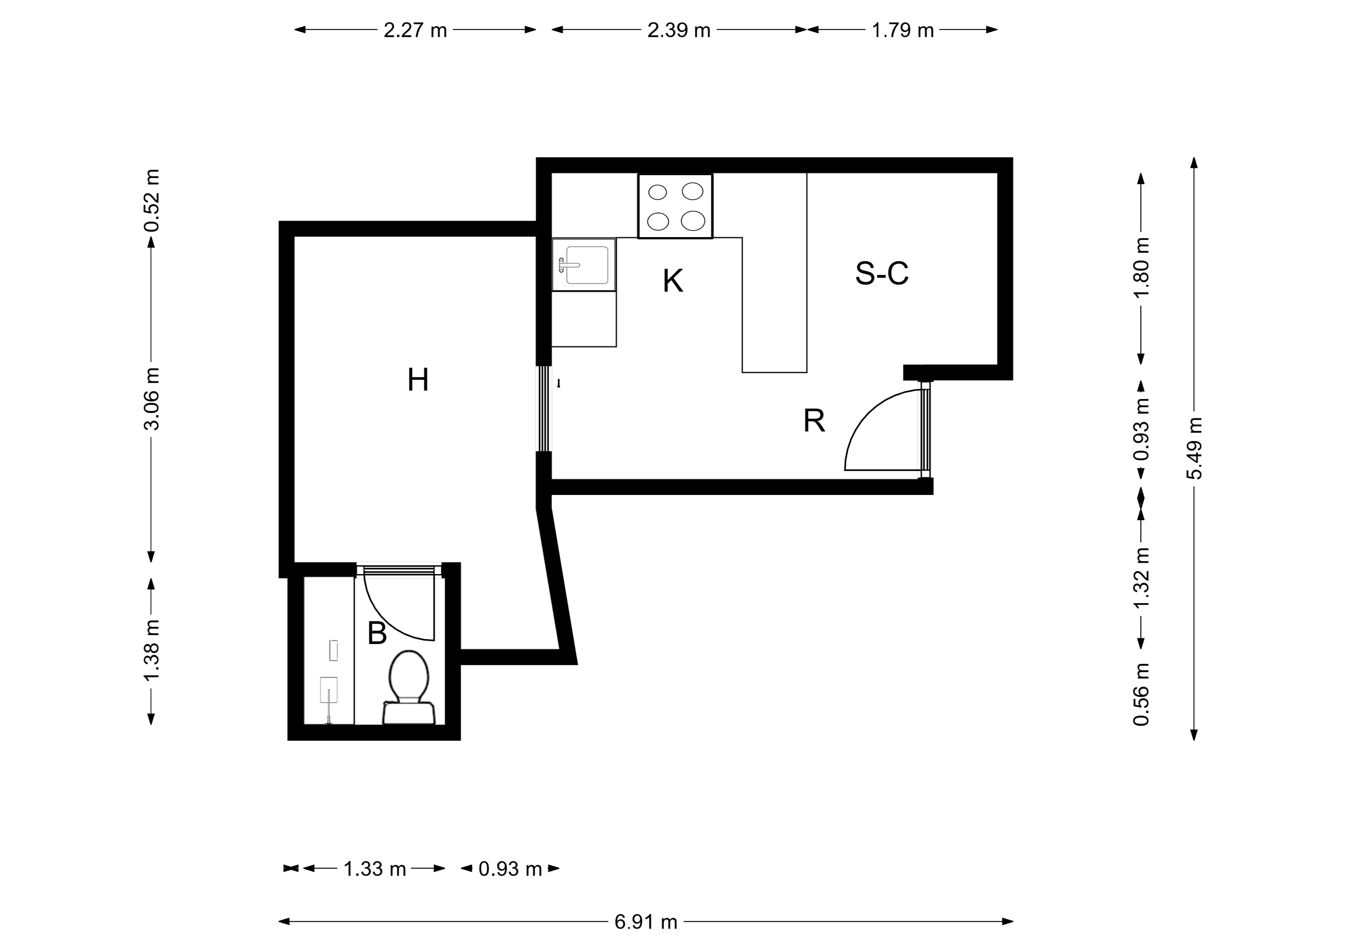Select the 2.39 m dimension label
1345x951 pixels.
tap(678, 30)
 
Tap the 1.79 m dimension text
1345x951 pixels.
tap(902, 30)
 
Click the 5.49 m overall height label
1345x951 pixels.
tap(1194, 448)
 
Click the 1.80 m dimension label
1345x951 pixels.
tap(1141, 267)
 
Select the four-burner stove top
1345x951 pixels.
tap(675, 206)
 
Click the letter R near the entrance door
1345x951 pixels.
tap(814, 420)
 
